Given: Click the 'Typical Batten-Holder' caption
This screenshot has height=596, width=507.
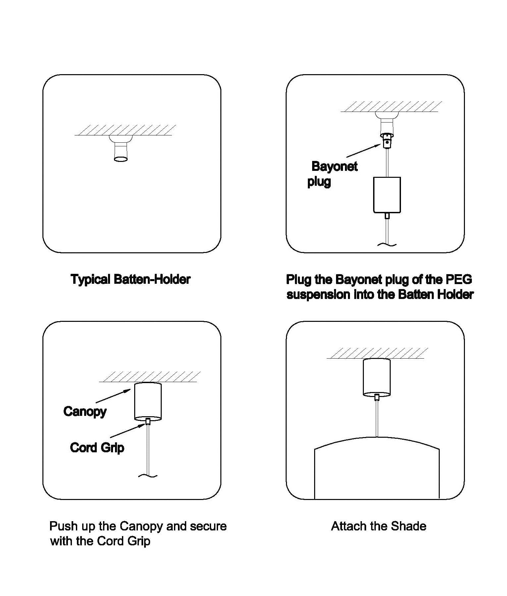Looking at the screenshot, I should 131,279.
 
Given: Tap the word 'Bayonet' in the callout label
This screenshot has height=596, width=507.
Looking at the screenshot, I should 334,166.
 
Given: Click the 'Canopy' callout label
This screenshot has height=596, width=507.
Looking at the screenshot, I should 85,412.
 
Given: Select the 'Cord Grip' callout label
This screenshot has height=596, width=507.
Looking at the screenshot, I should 97,448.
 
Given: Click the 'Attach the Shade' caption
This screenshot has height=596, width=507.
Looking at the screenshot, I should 379,526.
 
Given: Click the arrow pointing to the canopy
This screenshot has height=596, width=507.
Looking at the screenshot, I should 113,396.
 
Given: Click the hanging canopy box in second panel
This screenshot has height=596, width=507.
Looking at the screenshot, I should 387,195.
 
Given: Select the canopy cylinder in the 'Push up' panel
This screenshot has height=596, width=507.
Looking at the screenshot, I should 148,401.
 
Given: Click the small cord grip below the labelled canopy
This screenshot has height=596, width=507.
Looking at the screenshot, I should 148,422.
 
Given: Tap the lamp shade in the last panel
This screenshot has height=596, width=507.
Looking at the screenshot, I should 377,470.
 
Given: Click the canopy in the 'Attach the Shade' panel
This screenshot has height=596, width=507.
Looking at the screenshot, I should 377,377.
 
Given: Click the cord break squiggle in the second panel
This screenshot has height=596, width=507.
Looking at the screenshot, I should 387,245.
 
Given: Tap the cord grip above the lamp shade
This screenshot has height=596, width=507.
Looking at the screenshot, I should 377,397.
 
